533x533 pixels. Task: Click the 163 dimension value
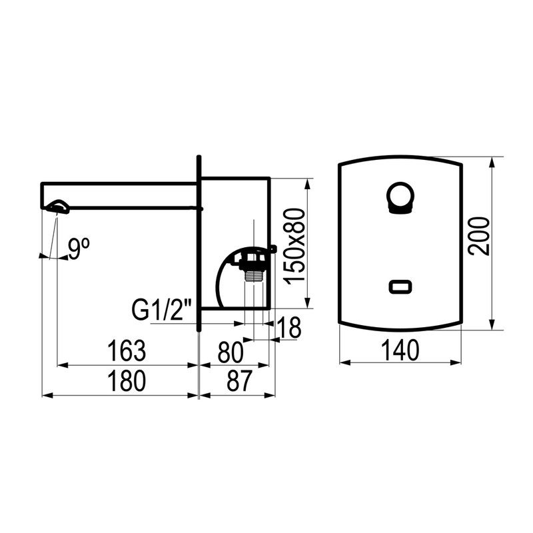(x=127, y=350)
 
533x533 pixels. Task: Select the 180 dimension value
(x=127, y=380)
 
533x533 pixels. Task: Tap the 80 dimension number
(x=231, y=352)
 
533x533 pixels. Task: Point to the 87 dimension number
(x=239, y=380)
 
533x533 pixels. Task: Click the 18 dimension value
(x=289, y=327)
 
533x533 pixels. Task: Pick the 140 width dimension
(x=400, y=350)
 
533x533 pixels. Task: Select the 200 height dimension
(x=479, y=237)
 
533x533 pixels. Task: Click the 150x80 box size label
(x=294, y=247)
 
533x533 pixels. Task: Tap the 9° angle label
(x=79, y=249)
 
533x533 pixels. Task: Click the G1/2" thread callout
(x=162, y=309)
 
